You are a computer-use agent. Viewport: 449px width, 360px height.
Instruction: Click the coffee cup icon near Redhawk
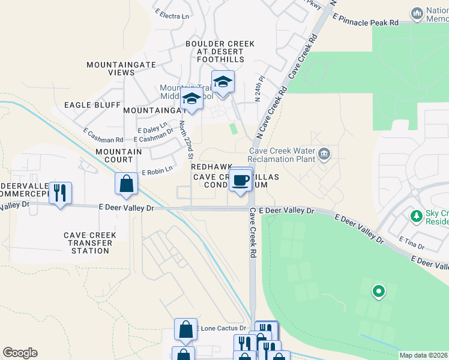point(241,180)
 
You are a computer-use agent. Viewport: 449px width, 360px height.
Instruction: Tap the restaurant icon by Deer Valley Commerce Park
point(60,193)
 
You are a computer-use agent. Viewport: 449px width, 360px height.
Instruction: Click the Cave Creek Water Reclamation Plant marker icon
point(324,154)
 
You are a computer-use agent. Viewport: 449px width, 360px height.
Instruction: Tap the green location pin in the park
point(378,292)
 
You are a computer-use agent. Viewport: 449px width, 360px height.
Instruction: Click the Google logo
point(20,353)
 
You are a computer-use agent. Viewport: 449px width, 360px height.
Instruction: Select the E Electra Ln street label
point(172,14)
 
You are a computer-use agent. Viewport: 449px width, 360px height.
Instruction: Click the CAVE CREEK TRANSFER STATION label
point(89,243)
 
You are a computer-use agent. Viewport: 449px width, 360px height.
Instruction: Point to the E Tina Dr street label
point(412,242)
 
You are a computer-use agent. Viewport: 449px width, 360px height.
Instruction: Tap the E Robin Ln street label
point(157,172)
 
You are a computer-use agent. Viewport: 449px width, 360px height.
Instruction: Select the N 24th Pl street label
point(259,91)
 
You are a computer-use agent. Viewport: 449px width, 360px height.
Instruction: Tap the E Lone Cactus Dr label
point(221,328)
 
